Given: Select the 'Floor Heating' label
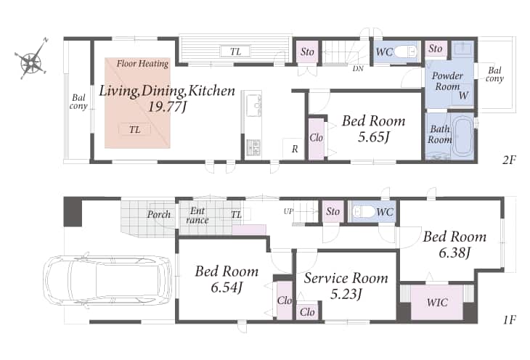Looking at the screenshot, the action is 142,63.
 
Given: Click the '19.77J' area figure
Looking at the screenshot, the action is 167,107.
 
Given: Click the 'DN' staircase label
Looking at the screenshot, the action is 358,69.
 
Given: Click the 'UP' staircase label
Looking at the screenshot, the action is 288,212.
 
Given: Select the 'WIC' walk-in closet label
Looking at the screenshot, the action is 437,302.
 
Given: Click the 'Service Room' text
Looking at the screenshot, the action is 346,278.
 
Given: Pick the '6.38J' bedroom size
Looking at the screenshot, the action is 454,253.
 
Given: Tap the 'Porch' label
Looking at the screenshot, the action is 158,214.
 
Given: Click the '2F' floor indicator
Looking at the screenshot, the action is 509,160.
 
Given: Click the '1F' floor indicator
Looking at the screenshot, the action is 509,319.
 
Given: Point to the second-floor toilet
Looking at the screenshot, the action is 406,52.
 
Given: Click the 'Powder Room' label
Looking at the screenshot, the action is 447,81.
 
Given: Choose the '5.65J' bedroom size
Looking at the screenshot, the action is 373,137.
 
